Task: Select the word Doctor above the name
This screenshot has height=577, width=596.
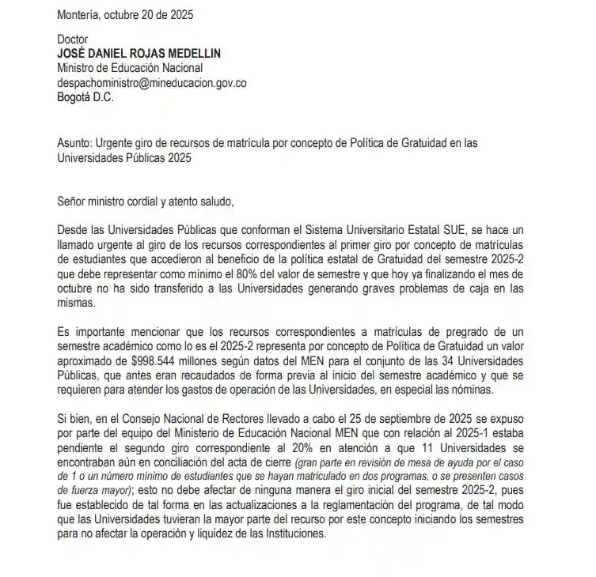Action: [x=74, y=39]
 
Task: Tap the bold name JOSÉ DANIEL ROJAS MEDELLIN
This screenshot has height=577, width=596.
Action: [x=139, y=53]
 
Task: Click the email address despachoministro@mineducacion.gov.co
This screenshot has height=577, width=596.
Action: [x=152, y=83]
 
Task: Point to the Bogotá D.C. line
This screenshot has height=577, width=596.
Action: [x=85, y=97]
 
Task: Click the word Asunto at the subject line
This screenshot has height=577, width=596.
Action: [x=74, y=143]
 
